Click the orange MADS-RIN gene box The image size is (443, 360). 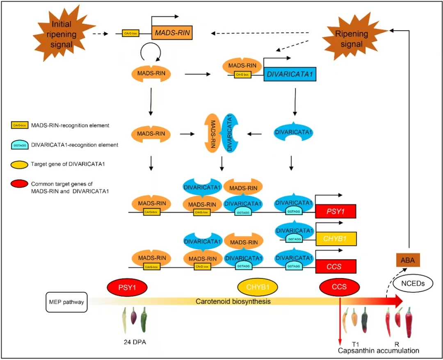tap(172, 33)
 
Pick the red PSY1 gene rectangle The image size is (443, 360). tap(335, 211)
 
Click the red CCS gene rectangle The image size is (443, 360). tap(335, 267)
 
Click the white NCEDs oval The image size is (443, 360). tap(413, 283)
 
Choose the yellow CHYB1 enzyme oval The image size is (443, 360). tap(258, 287)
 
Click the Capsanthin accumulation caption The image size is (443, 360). tap(378, 351)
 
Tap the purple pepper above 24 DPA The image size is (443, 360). tap(133, 318)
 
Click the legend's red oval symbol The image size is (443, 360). tap(20, 183)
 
